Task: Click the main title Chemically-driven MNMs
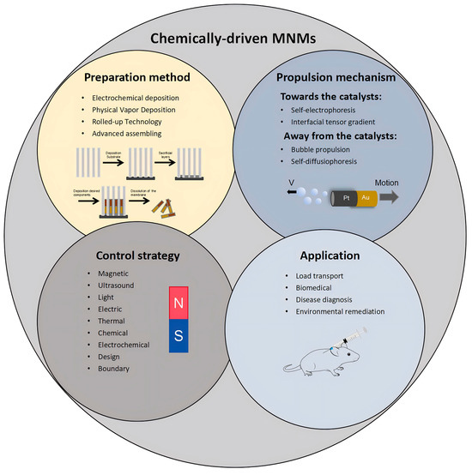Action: (x=237, y=38)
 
